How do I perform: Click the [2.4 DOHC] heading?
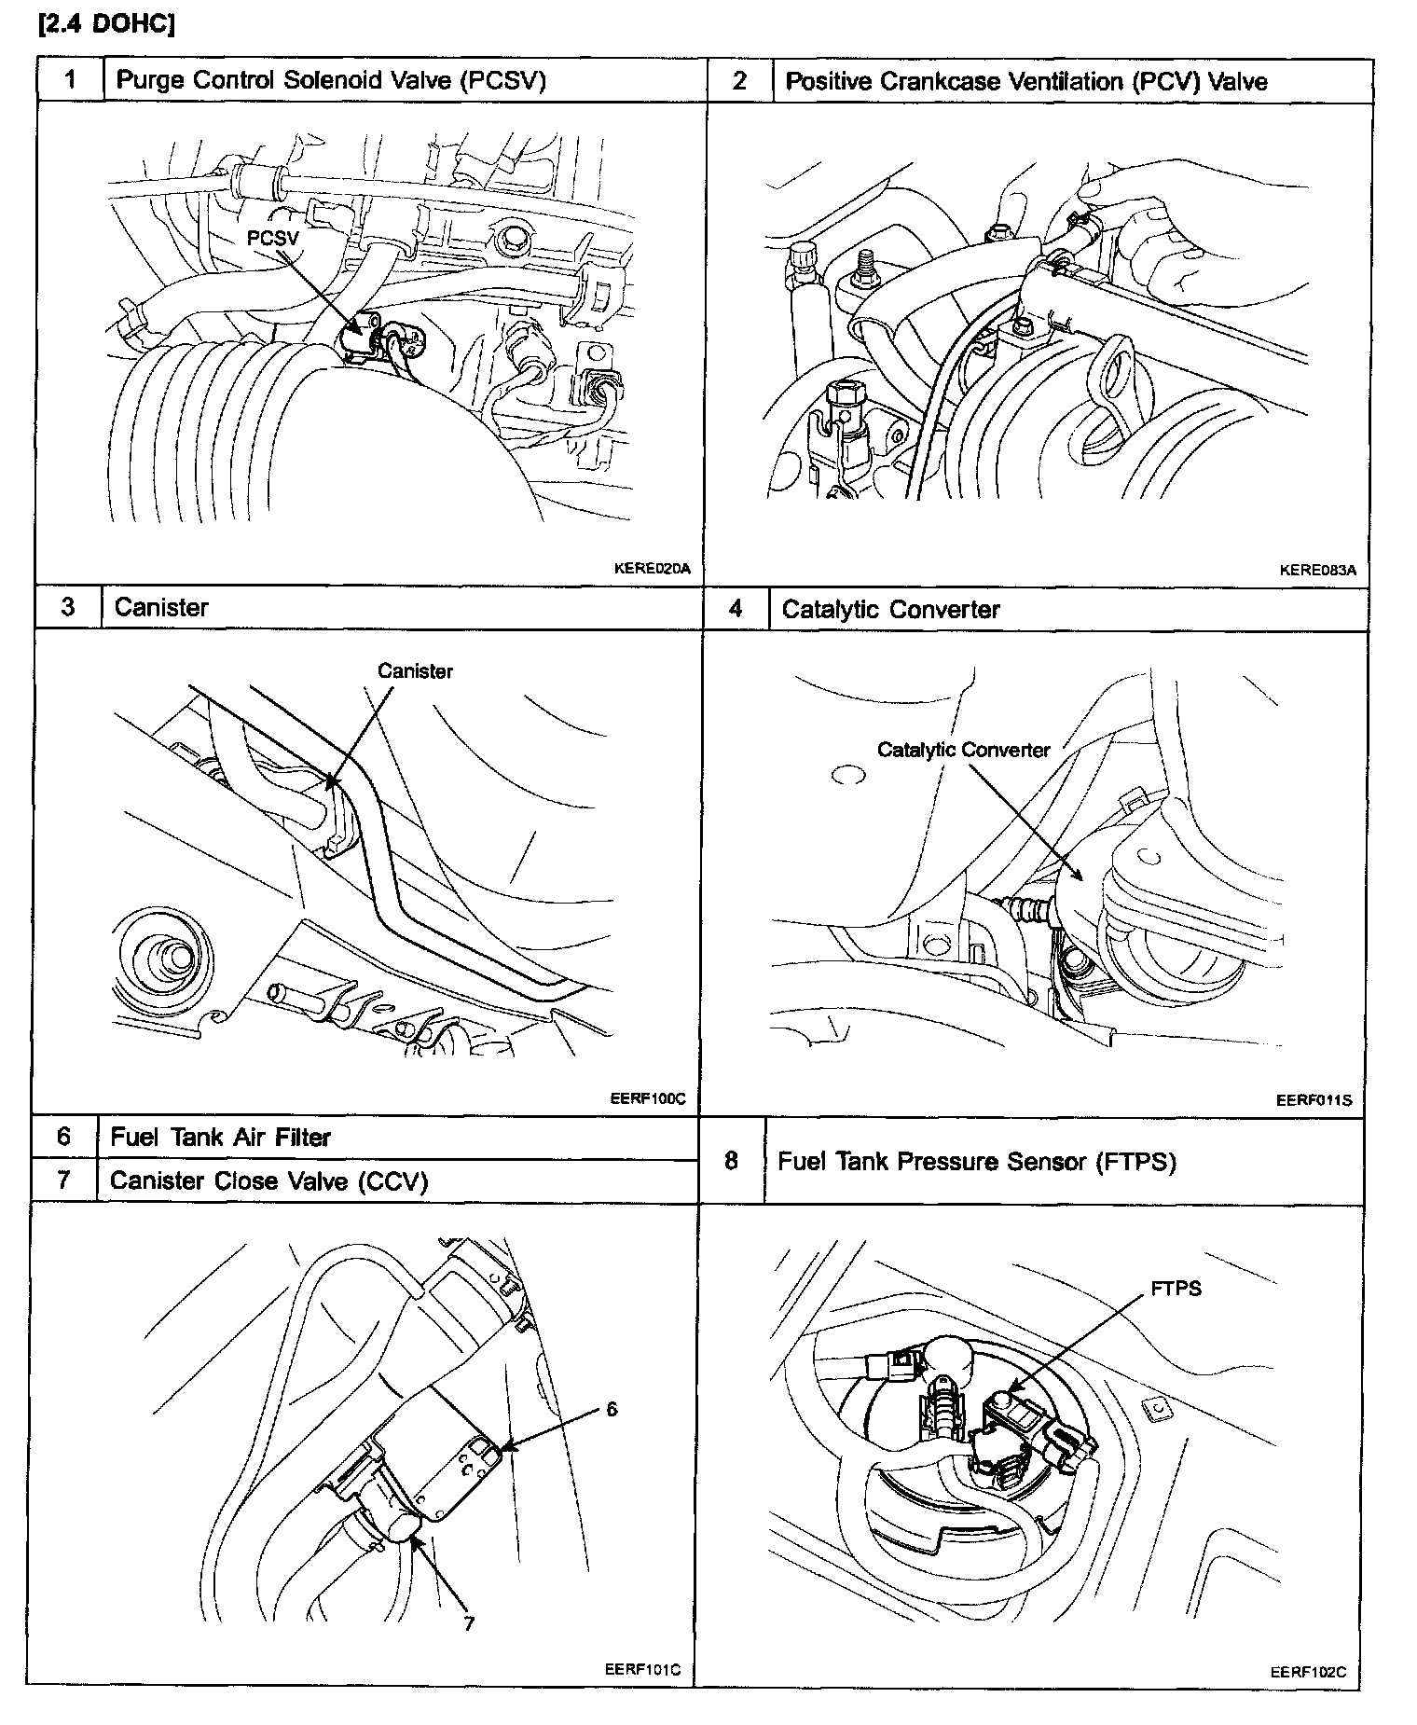pyautogui.click(x=105, y=24)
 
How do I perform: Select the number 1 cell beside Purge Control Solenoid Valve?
pyautogui.click(x=70, y=80)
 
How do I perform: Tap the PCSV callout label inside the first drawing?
pyautogui.click(x=272, y=239)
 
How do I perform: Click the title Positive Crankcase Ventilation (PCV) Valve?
pyautogui.click(x=1025, y=82)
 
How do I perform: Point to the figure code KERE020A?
pyautogui.click(x=652, y=568)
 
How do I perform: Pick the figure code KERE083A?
pyautogui.click(x=1317, y=571)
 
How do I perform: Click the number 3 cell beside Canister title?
pyautogui.click(x=67, y=608)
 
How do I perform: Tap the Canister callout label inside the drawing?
pyautogui.click(x=415, y=671)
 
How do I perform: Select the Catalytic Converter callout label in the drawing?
pyautogui.click(x=963, y=750)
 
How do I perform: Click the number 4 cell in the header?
pyautogui.click(x=736, y=610)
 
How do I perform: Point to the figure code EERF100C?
pyautogui.click(x=648, y=1098)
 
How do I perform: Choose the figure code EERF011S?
pyautogui.click(x=1314, y=1100)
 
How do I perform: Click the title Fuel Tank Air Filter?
pyautogui.click(x=220, y=1138)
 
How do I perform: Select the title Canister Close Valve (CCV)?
pyautogui.click(x=268, y=1181)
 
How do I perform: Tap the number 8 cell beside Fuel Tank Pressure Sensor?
pyautogui.click(x=731, y=1161)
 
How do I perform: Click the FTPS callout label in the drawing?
pyautogui.click(x=1176, y=1290)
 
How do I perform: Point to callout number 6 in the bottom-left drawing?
pyautogui.click(x=612, y=1409)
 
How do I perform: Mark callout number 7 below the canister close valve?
pyautogui.click(x=469, y=1623)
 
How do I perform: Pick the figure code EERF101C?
pyautogui.click(x=642, y=1669)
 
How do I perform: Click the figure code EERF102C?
pyautogui.click(x=1308, y=1672)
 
